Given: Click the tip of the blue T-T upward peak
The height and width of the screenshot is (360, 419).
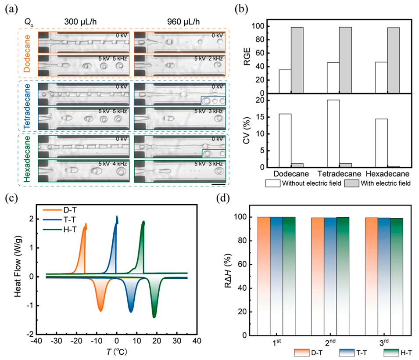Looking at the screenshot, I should (x=117, y=216).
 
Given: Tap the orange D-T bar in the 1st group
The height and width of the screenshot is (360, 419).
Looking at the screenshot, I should (x=264, y=276).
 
